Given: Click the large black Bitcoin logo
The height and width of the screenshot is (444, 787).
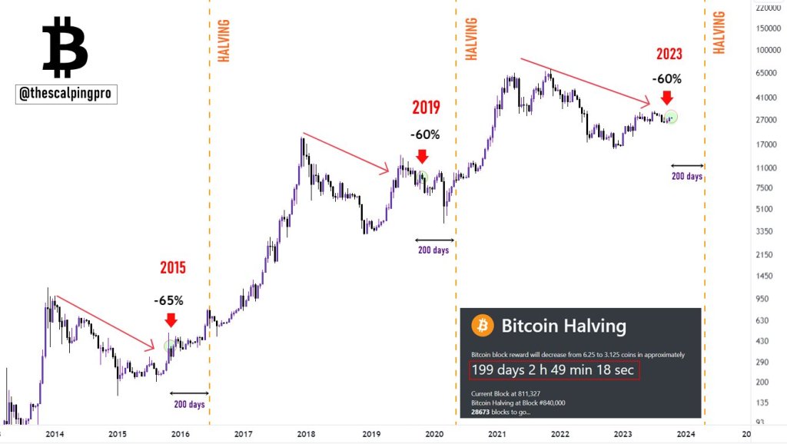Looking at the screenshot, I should pyautogui.click(x=65, y=48).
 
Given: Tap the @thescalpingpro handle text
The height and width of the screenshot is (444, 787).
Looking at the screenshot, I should pyautogui.click(x=66, y=94).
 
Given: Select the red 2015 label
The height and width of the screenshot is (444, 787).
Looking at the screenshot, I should pyautogui.click(x=173, y=268).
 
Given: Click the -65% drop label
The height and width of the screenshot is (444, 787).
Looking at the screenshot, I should pyautogui.click(x=169, y=300).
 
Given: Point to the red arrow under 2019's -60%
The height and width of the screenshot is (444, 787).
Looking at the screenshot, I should pyautogui.click(x=422, y=156).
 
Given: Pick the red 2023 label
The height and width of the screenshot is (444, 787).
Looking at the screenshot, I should pyautogui.click(x=668, y=54).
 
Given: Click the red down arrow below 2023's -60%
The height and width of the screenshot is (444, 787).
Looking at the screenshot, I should pyautogui.click(x=666, y=98).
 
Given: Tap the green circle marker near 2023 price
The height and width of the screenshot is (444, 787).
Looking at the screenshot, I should pyautogui.click(x=672, y=117).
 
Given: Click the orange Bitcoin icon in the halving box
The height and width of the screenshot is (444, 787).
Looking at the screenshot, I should pyautogui.click(x=483, y=326).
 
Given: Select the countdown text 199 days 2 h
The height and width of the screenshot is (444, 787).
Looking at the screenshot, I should pyautogui.click(x=554, y=370).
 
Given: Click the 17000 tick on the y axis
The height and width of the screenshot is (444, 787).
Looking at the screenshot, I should pyautogui.click(x=767, y=144).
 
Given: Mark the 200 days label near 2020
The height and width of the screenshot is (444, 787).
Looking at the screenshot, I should pyautogui.click(x=433, y=250).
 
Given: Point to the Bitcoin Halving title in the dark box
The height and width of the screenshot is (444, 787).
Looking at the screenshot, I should pyautogui.click(x=563, y=326).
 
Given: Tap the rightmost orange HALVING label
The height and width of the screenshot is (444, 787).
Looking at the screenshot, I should pyautogui.click(x=719, y=32).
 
